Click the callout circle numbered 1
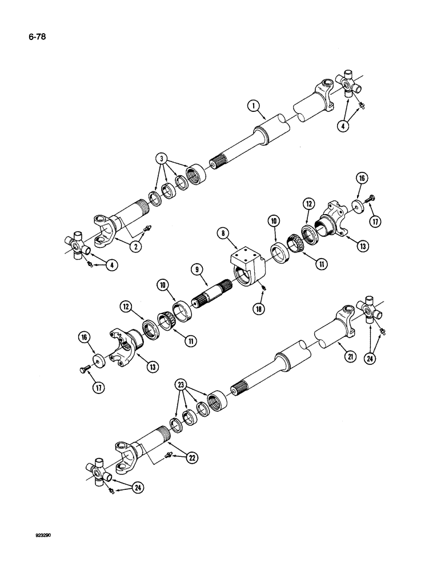[251, 105]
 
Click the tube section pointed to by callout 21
[331, 331]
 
